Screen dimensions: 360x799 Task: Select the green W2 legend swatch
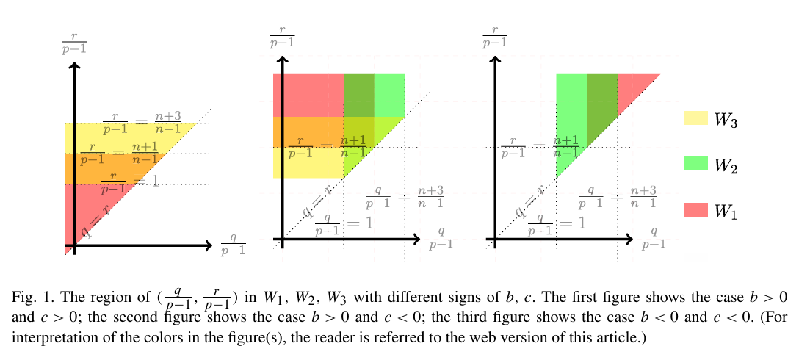point(695,165)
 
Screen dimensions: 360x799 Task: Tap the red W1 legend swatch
point(695,210)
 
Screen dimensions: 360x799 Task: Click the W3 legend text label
point(726,120)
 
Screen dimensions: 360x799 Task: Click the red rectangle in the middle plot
point(308,95)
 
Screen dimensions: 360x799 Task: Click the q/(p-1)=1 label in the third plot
point(558,223)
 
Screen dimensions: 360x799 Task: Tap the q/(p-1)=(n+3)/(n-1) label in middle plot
point(405,198)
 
